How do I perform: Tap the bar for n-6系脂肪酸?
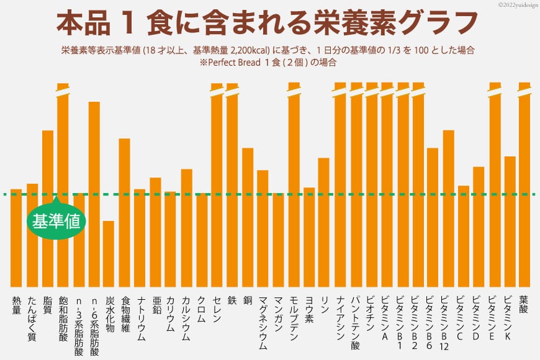pos(94,192)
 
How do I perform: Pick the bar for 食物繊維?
pos(124,211)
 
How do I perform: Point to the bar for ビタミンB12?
pos(449,207)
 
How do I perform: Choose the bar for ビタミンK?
pos(510,220)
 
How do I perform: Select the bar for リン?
pos(323,221)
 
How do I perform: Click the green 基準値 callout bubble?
pos(56,220)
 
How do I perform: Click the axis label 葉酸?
pos(524,304)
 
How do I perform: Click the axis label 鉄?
pos(232,300)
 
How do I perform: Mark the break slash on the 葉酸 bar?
pos(525,91)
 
